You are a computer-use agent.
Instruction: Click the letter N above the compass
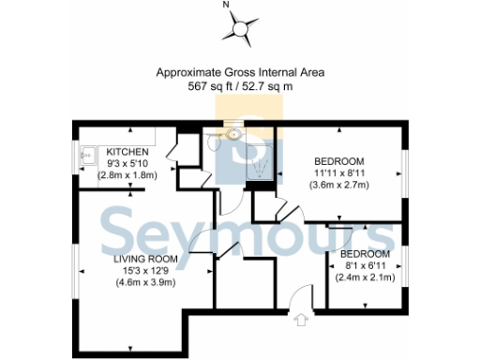click(x=226, y=6)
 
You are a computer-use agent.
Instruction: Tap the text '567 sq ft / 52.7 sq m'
click(x=240, y=85)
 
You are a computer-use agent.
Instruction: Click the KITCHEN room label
click(x=127, y=152)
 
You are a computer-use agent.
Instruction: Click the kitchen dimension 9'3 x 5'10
click(x=127, y=164)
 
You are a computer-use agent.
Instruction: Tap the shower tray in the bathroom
click(x=260, y=166)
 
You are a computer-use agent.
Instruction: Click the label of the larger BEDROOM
click(x=339, y=159)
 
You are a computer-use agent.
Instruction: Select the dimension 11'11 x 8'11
click(x=339, y=172)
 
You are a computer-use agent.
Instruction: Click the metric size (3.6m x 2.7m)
click(x=339, y=185)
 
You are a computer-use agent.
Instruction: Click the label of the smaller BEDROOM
click(x=365, y=254)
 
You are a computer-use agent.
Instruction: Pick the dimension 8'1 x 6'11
click(x=365, y=266)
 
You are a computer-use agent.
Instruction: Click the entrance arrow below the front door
click(x=301, y=321)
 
